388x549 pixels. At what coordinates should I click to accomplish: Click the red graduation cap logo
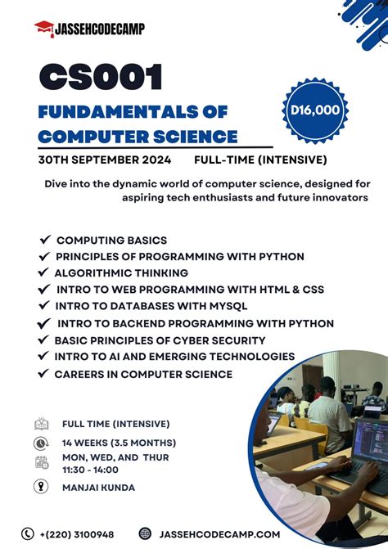[x=44, y=28]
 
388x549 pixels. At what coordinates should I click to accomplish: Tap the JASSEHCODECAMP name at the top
[x=99, y=29]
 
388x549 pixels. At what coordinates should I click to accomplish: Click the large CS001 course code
[x=102, y=78]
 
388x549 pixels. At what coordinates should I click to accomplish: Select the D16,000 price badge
[x=314, y=110]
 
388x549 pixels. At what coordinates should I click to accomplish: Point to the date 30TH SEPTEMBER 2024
[x=105, y=160]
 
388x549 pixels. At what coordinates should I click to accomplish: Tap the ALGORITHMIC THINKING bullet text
[x=121, y=272]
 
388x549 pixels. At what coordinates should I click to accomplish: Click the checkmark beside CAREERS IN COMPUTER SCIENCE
[x=43, y=374]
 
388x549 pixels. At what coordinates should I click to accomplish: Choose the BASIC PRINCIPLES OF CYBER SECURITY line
[x=160, y=340]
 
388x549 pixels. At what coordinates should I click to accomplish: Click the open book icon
[x=42, y=424]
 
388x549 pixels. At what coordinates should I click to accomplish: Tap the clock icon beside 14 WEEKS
[x=42, y=443]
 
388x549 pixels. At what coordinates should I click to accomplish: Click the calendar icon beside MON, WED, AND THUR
[x=42, y=462]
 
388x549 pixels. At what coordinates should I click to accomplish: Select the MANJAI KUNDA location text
[x=97, y=488]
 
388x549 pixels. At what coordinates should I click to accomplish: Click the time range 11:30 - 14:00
[x=90, y=470]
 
